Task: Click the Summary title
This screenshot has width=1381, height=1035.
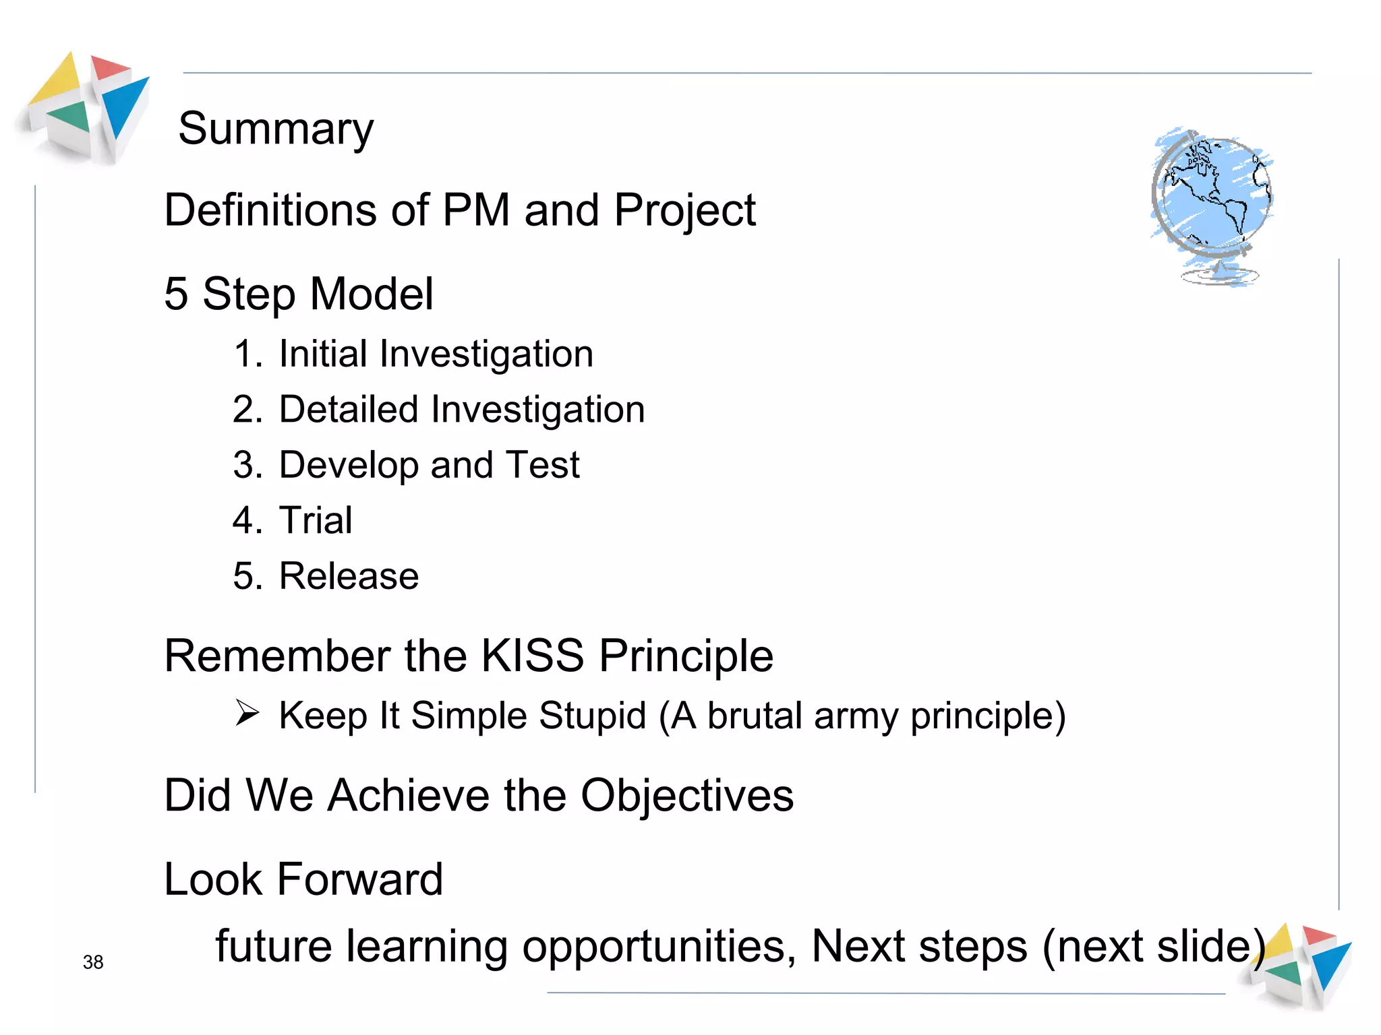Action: pyautogui.click(x=275, y=129)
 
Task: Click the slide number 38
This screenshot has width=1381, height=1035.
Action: pyautogui.click(x=93, y=962)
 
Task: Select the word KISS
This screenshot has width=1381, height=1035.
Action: pyautogui.click(x=533, y=656)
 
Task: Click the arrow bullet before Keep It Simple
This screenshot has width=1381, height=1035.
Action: pyautogui.click(x=247, y=713)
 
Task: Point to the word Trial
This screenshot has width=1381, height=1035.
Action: pyautogui.click(x=316, y=520)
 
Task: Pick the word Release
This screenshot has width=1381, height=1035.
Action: pyautogui.click(x=349, y=576)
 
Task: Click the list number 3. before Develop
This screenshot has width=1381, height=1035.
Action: pyautogui.click(x=247, y=465)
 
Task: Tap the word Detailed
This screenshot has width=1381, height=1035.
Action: pyautogui.click(x=349, y=410)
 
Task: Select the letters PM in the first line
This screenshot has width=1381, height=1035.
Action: pyautogui.click(x=476, y=210)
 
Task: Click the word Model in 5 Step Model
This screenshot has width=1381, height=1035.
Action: pyautogui.click(x=371, y=294)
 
